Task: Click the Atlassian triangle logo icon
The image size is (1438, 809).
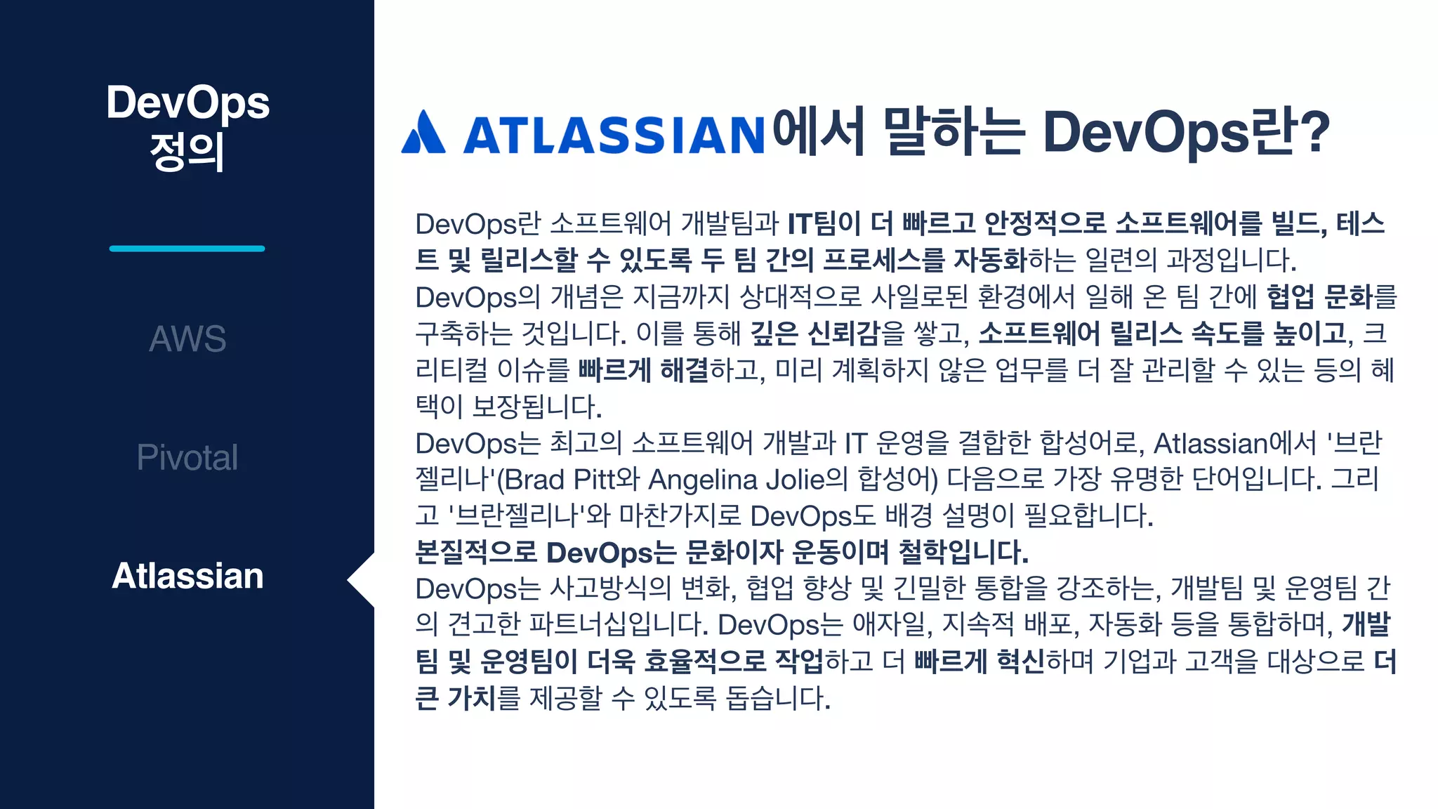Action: coord(423,132)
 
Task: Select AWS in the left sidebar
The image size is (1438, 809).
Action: coord(187,338)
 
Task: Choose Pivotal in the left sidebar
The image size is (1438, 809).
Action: coord(187,457)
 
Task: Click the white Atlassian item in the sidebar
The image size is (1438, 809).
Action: coord(187,576)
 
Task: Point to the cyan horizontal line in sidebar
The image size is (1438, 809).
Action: coord(187,249)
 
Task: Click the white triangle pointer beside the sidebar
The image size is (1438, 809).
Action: coord(362,580)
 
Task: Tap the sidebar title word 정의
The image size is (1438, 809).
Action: coord(187,152)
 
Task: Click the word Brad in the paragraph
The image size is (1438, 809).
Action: coord(534,480)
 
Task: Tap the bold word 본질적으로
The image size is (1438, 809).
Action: coord(476,553)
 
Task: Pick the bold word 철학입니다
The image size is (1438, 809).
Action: coord(963,553)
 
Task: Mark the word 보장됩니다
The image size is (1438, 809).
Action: coord(537,407)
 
